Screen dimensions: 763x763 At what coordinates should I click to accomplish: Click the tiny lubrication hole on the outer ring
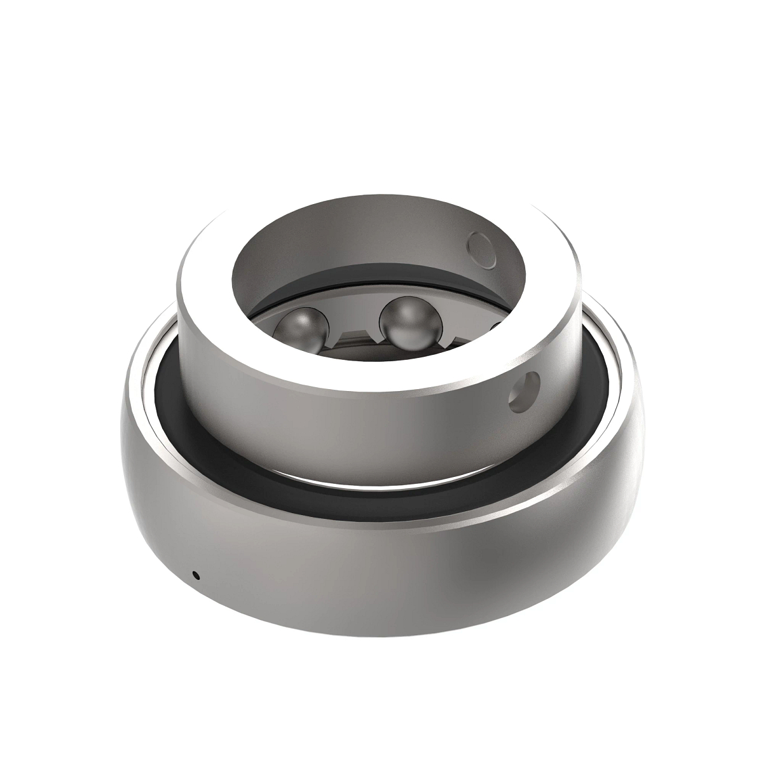click(x=196, y=575)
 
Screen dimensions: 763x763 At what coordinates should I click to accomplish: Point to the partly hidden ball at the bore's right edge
click(x=499, y=328)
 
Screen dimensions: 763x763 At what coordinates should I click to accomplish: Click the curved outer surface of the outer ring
click(x=381, y=572)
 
